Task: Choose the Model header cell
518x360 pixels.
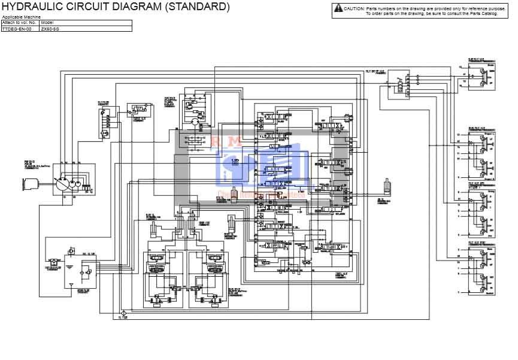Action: tap(47, 22)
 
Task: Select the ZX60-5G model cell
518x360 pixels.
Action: tap(50, 28)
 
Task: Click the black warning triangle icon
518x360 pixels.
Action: tap(339, 8)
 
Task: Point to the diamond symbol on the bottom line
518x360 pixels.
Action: tap(122, 313)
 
